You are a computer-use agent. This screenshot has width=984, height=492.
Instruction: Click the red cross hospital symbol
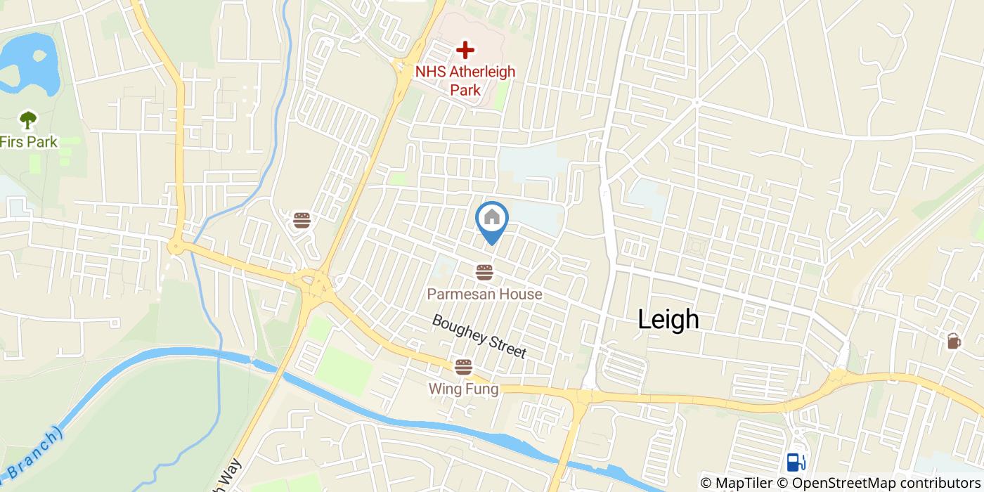464,50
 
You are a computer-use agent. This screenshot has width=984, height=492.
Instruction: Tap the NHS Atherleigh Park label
465,80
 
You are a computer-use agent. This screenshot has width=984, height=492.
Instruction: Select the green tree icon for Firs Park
27,120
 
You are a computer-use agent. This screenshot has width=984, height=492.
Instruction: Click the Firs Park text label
29,142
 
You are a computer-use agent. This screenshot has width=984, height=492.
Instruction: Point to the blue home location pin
492,221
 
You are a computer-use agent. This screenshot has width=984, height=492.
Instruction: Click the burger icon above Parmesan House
484,272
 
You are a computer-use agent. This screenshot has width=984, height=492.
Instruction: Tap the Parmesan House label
484,294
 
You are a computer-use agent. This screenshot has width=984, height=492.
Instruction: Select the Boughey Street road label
479,336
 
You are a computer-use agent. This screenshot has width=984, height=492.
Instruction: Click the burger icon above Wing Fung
463,367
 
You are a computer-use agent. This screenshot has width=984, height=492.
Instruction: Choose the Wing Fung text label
464,389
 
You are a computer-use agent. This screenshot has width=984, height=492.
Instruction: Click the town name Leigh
668,320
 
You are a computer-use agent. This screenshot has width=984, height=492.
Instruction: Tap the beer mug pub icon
953,341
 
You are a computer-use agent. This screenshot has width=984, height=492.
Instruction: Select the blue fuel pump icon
796,462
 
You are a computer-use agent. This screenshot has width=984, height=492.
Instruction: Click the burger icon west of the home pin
302,221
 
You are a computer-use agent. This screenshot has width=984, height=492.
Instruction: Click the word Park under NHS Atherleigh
465,90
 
